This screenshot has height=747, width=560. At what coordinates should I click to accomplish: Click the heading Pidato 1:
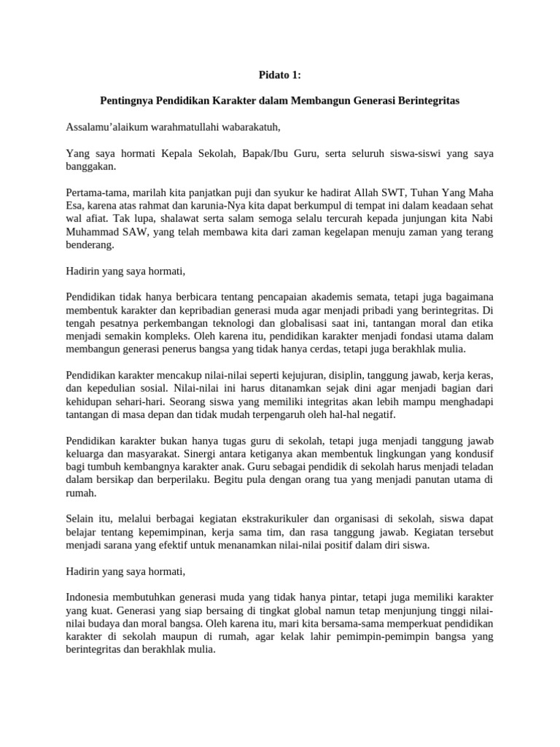(x=280, y=74)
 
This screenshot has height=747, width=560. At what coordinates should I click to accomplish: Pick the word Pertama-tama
(x=95, y=193)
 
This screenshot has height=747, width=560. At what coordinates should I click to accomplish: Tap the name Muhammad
(x=91, y=232)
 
